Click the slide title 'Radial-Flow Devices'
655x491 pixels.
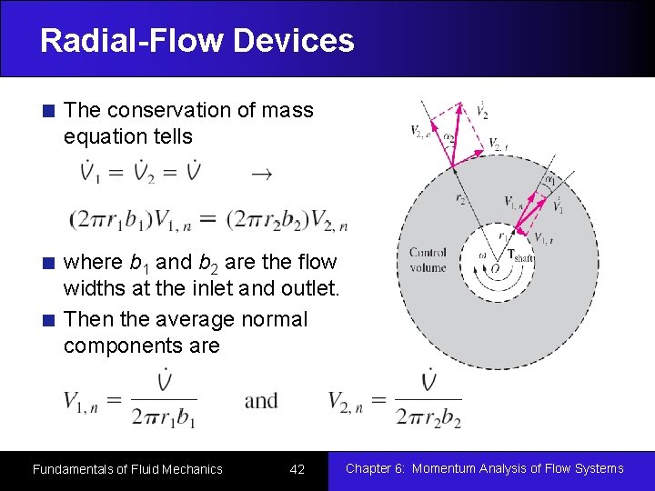[196, 40]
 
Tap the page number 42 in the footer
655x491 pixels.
[297, 469]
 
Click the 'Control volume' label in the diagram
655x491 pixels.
[428, 260]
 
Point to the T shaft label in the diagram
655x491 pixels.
[519, 256]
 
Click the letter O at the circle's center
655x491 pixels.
[494, 269]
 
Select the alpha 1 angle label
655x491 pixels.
[549, 180]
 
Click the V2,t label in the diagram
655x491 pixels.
[499, 144]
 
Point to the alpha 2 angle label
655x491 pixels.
[448, 138]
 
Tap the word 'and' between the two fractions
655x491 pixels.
[261, 400]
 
